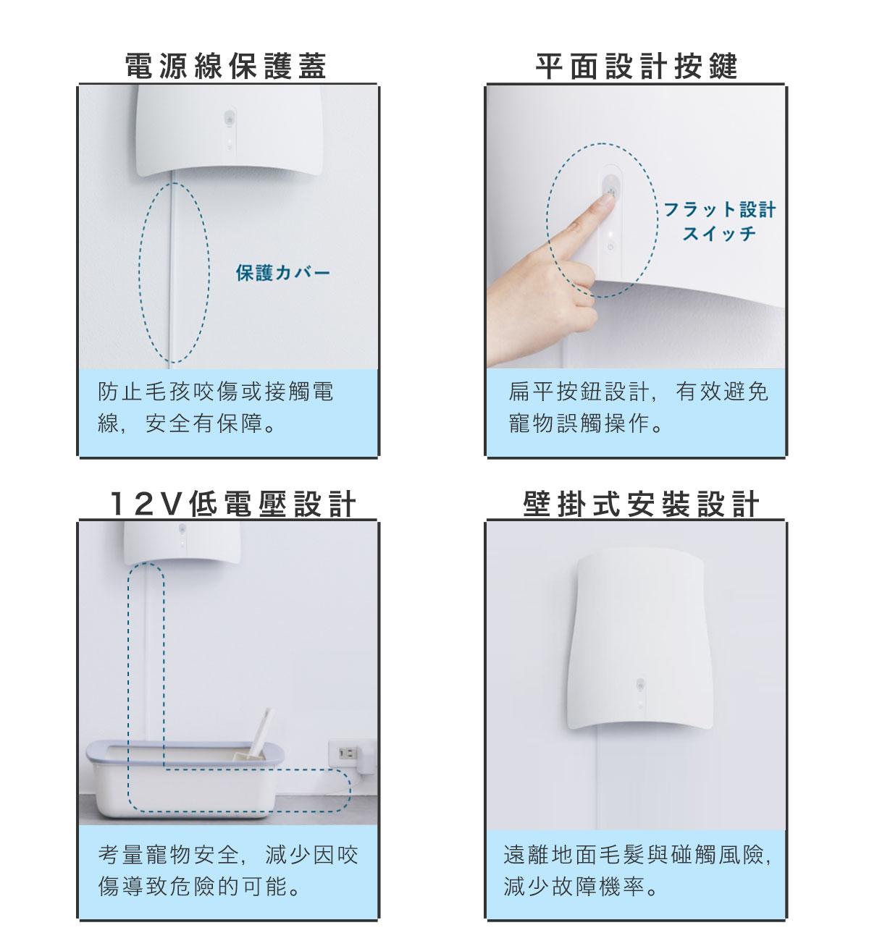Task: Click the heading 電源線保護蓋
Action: [x=226, y=66]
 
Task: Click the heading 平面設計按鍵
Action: [x=637, y=66]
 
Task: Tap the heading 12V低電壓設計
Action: [x=232, y=504]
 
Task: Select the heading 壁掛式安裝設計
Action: [x=641, y=504]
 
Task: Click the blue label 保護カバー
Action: [x=283, y=272]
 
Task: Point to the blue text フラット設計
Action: [x=720, y=209]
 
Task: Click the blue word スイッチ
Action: [x=719, y=233]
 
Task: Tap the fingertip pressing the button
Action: [x=606, y=201]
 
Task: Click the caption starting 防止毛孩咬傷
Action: [x=216, y=408]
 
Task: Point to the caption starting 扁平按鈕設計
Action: [x=638, y=408]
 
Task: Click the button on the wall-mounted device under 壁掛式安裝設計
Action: [x=640, y=684]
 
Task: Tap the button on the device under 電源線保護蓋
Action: [x=230, y=117]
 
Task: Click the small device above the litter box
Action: [x=182, y=542]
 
